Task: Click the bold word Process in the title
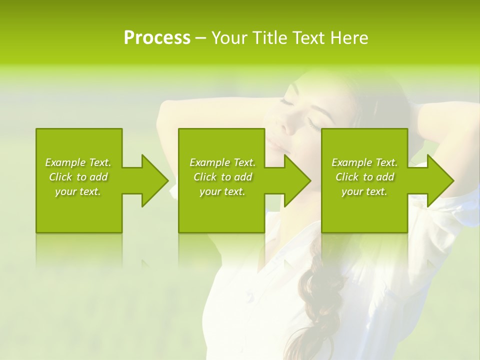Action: pyautogui.click(x=157, y=38)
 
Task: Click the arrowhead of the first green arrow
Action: pyautogui.click(x=155, y=180)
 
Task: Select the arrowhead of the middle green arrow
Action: pyautogui.click(x=297, y=180)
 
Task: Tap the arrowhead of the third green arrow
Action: pyautogui.click(x=440, y=180)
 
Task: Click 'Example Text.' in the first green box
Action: pyautogui.click(x=78, y=162)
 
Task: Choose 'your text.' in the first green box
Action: pyautogui.click(x=78, y=191)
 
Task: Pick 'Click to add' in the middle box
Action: pyautogui.click(x=222, y=177)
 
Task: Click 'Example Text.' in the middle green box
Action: pyautogui.click(x=222, y=162)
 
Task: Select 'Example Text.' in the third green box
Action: pyautogui.click(x=364, y=162)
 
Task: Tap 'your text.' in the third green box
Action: pyautogui.click(x=364, y=191)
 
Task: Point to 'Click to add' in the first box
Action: pyautogui.click(x=78, y=177)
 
